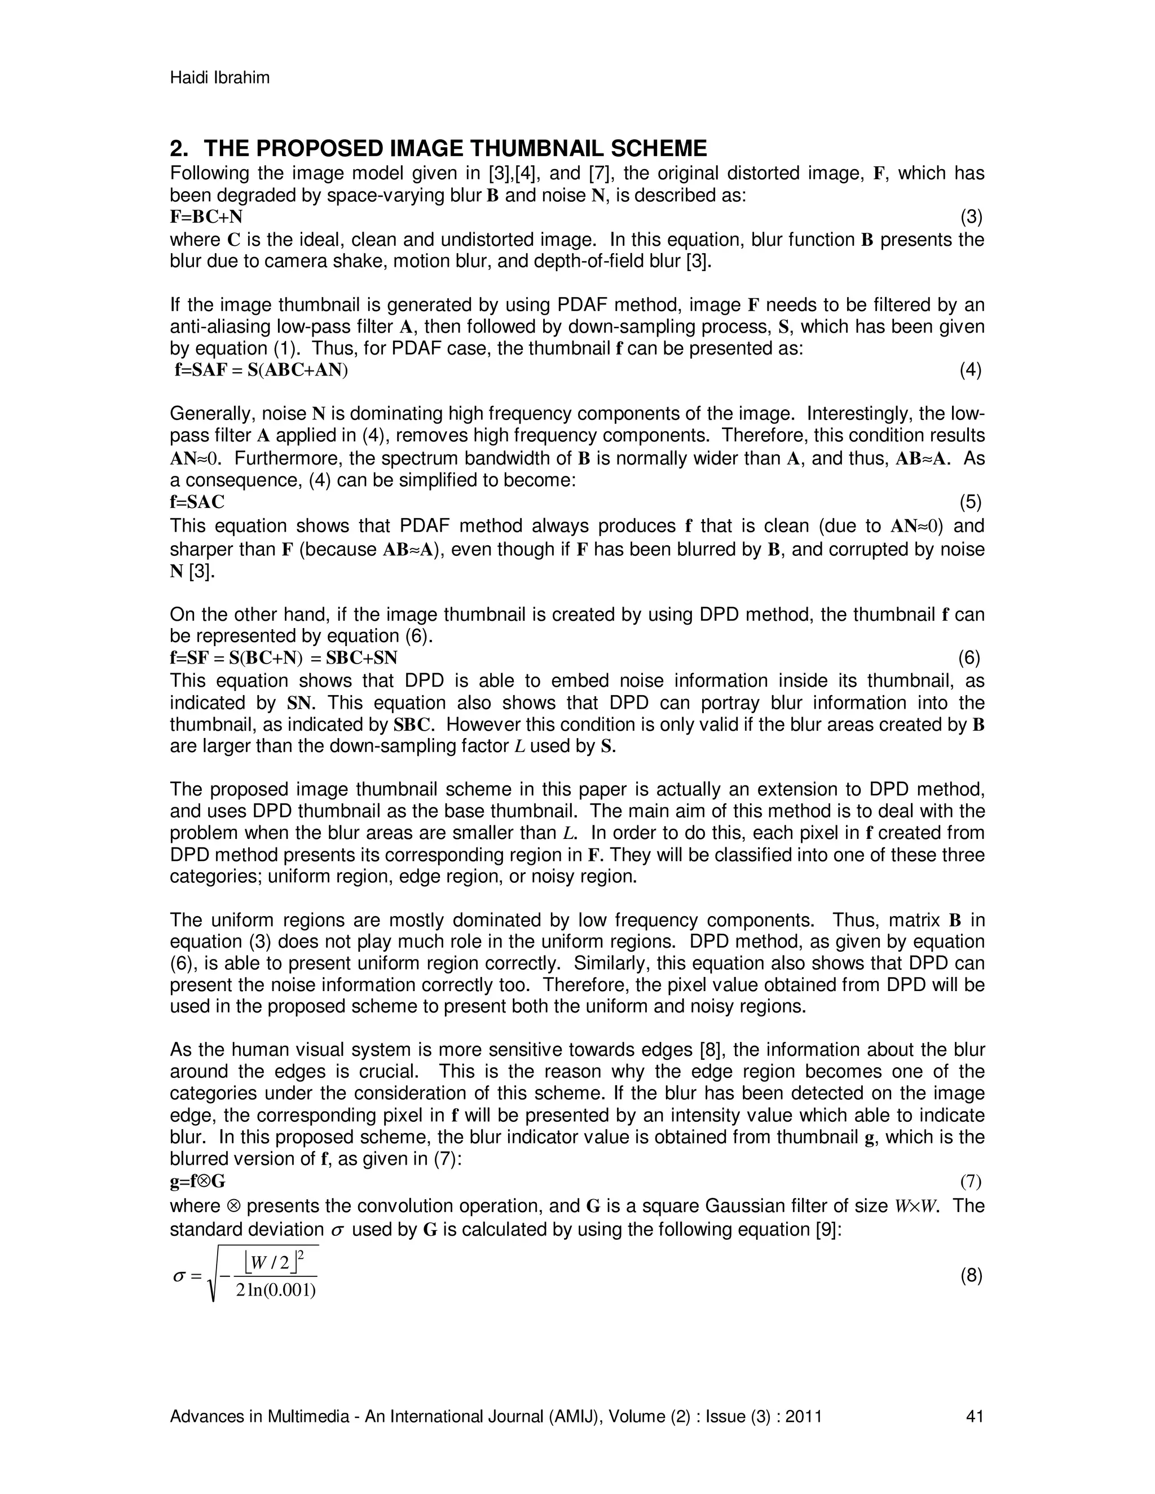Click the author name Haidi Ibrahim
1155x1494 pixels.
pos(219,78)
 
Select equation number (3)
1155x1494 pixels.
pos(971,218)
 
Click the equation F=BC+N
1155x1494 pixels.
pos(206,218)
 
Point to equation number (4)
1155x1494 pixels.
pos(970,371)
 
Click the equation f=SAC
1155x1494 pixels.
pos(197,503)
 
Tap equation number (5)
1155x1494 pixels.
pos(970,503)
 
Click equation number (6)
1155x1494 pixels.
pos(969,658)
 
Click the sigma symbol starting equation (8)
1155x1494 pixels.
pos(179,1276)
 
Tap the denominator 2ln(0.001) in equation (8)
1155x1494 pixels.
pos(275,1292)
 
